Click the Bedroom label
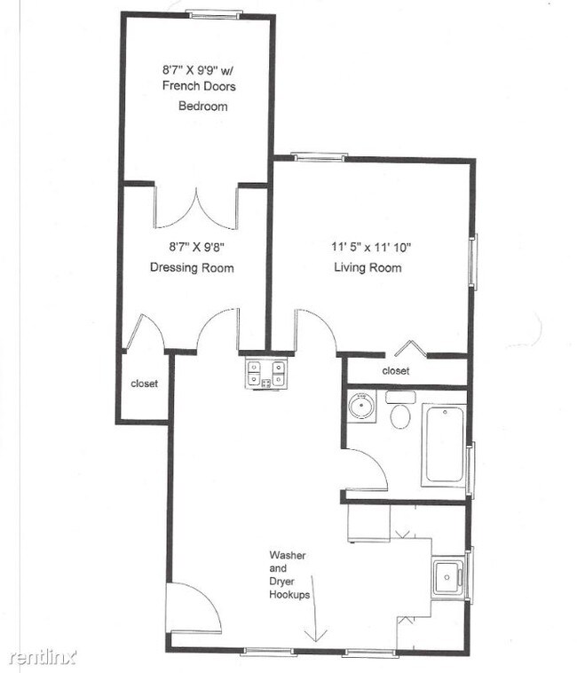pos(203,107)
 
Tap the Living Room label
pos(368,268)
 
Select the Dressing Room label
pos(192,268)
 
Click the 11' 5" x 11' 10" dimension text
pos(372,248)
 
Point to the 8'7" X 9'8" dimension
pos(191,248)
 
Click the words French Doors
pos(197,86)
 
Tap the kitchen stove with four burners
pos(266,373)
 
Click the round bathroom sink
pos(362,408)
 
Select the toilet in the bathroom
pos(400,413)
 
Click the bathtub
pos(444,443)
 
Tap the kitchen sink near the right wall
pos(447,578)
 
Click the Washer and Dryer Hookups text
pos(288,575)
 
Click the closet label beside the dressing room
pos(144,384)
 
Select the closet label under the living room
pos(395,371)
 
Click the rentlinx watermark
pos(42,657)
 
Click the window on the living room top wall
pos(319,157)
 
